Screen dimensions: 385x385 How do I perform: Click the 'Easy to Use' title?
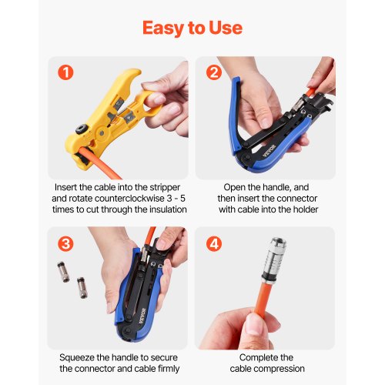[x=192, y=28]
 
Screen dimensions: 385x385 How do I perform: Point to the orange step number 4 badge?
[x=215, y=244]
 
